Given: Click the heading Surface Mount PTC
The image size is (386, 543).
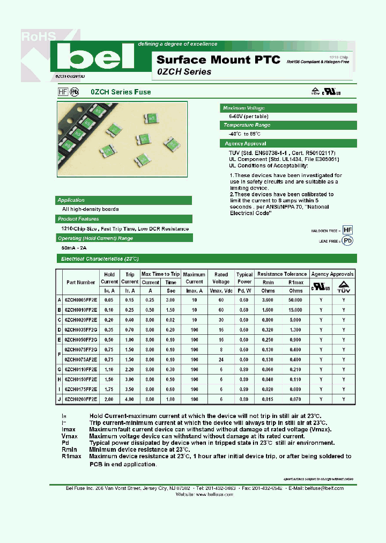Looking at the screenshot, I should click(x=218, y=60).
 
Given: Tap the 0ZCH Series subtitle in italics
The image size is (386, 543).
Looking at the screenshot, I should click(x=184, y=72).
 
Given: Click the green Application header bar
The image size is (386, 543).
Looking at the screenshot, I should click(x=124, y=200).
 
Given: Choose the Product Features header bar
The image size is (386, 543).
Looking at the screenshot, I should click(x=124, y=219).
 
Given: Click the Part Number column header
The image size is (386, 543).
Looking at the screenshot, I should click(x=81, y=282).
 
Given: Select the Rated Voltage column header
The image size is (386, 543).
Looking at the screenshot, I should click(x=221, y=278).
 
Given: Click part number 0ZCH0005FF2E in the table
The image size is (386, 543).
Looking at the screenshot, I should click(x=81, y=299).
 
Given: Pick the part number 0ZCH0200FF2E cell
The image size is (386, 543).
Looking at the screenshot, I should click(x=81, y=399).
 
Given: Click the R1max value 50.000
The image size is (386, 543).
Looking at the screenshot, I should click(x=295, y=299).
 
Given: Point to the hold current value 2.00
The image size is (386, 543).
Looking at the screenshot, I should click(x=109, y=399).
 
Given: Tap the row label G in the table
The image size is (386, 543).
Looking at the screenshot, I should click(x=59, y=369).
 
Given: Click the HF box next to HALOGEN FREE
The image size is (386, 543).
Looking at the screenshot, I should click(x=348, y=230).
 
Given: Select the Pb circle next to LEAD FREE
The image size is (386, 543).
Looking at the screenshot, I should click(x=348, y=241).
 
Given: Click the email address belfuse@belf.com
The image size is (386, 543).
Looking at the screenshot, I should click(x=324, y=488).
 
